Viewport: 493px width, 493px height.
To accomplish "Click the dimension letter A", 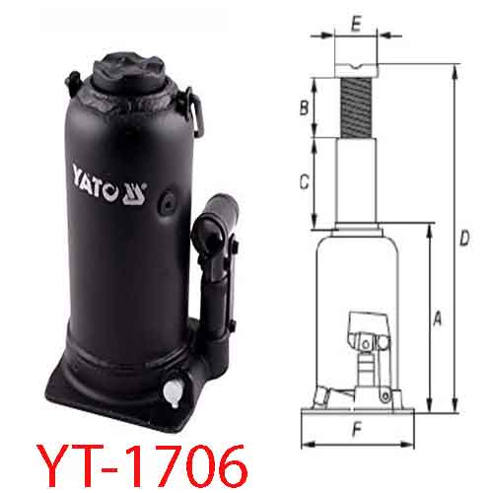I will coord(437,319).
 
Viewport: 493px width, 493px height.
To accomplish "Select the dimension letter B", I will coord(306,106).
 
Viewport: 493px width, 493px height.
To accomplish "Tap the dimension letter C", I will coord(306,181).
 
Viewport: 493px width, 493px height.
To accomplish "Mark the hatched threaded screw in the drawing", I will coord(356,108).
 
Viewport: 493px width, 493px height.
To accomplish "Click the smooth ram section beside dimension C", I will coord(356,182).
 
